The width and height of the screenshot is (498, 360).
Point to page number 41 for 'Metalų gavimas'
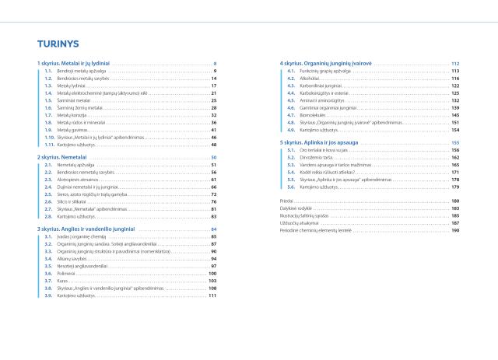(x=213, y=130)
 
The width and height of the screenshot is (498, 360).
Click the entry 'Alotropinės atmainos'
(x=75, y=180)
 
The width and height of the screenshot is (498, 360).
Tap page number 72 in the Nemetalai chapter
(x=213, y=194)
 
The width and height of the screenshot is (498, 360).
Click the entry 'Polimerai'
(x=65, y=274)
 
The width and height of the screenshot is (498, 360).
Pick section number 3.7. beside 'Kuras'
(x=48, y=281)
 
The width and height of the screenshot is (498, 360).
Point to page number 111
(x=212, y=295)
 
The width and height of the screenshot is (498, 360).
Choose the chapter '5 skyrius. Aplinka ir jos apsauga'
(x=318, y=143)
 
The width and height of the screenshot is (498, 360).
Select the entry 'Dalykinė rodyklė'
(x=293, y=208)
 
